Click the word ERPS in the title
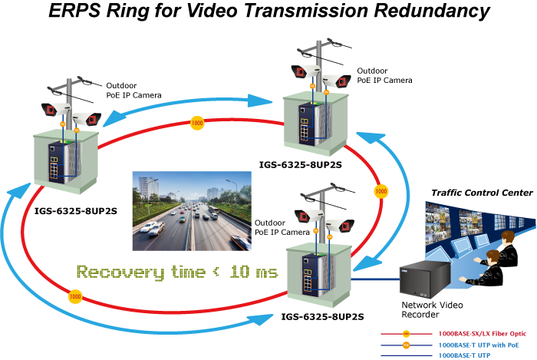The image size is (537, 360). [x=75, y=10]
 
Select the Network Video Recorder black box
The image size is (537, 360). [x=424, y=279]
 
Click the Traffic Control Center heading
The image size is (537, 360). [x=482, y=193]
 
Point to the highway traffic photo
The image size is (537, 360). [x=192, y=211]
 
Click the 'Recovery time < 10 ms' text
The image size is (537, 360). [x=177, y=272]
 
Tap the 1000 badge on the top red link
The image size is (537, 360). [x=197, y=123]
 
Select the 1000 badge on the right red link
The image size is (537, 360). [x=381, y=191]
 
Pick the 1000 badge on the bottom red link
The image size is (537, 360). [x=75, y=296]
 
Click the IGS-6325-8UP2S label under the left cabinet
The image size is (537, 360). [x=76, y=211]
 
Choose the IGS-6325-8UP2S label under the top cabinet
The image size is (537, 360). [x=301, y=165]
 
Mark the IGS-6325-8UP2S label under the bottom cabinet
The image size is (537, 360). [x=322, y=317]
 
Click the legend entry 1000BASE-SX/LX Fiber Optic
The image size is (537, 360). [x=483, y=334]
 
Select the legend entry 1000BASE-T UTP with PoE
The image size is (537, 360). [x=479, y=345]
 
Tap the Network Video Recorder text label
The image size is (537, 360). [x=432, y=309]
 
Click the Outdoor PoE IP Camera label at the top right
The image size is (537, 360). [x=384, y=76]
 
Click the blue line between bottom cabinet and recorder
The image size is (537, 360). [x=376, y=279]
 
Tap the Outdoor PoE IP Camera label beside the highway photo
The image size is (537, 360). [x=282, y=227]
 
